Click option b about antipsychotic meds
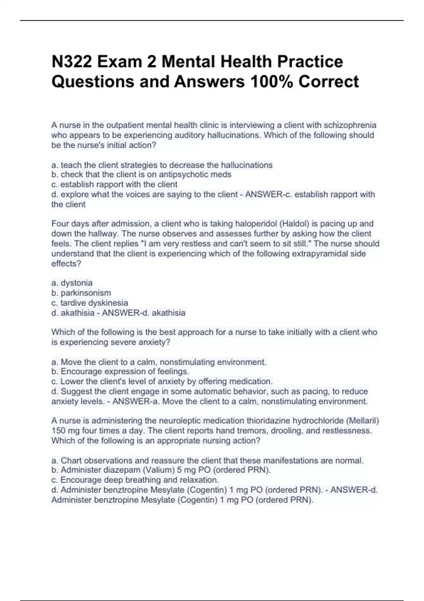(141, 175)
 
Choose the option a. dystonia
(72, 283)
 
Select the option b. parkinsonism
(81, 293)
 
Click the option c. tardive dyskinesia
(90, 303)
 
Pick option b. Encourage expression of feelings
(120, 372)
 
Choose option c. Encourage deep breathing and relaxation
(135, 480)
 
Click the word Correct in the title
(329, 82)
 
